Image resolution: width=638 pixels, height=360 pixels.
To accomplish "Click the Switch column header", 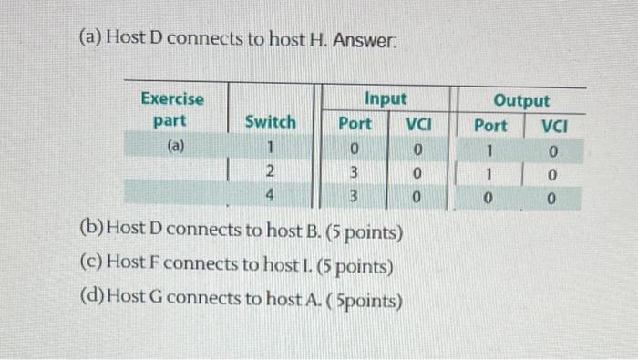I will click(270, 121).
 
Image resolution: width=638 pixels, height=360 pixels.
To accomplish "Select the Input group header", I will click(385, 98).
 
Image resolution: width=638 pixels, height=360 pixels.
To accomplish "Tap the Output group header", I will click(520, 100).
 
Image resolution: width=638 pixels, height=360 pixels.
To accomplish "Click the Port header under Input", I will click(355, 123).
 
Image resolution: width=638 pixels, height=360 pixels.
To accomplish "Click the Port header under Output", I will click(490, 125).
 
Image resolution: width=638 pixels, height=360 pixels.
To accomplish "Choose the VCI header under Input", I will click(418, 123).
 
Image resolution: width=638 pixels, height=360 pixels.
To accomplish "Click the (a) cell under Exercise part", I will click(171, 144).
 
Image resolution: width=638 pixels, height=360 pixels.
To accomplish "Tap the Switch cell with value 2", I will click(268, 171).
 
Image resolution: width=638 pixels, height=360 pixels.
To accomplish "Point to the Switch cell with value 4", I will click(268, 194).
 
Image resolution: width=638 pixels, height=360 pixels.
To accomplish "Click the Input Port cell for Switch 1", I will click(355, 148).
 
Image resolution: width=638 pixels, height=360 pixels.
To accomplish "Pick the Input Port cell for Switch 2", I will click(355, 172).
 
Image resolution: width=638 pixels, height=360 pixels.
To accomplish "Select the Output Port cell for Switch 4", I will click(490, 199).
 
